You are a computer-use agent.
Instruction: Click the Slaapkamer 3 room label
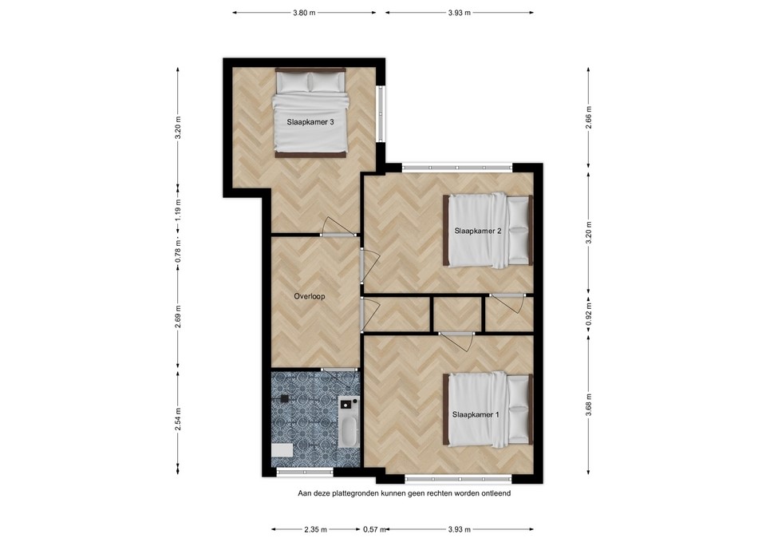click(310, 122)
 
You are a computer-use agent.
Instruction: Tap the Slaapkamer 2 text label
click(477, 231)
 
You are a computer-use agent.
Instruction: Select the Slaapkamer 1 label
click(476, 415)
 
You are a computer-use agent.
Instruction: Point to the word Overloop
click(309, 296)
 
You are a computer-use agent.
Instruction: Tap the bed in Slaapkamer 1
click(488, 410)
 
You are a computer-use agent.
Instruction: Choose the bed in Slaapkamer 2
click(488, 231)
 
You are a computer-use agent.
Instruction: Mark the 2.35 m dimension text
click(316, 529)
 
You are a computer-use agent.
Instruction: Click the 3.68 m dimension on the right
click(589, 404)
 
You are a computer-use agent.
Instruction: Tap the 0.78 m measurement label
click(178, 252)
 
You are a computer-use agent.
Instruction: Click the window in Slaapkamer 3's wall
click(381, 111)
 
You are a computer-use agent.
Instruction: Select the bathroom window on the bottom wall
click(294, 473)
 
